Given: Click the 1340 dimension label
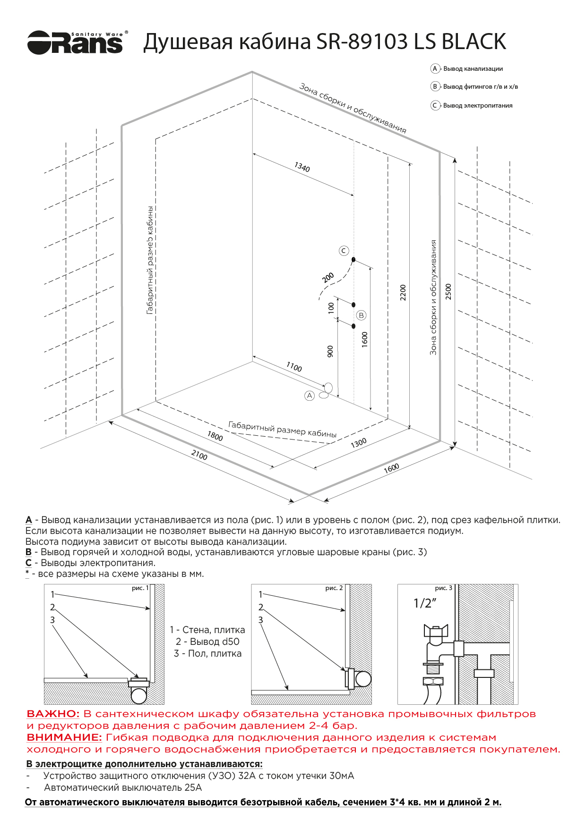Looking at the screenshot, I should pos(302,168).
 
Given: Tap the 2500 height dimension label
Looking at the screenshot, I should pos(448,291).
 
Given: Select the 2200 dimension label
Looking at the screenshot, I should pos(403,292).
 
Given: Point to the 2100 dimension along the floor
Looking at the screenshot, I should pos(199,455).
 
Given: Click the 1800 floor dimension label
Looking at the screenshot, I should pos(215,436).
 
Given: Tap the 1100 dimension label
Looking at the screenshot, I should pos(294,367).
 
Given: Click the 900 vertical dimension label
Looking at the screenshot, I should pos(330,351).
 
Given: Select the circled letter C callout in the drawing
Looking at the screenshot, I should pos(344,251).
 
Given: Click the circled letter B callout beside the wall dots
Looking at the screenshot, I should pos(362,315).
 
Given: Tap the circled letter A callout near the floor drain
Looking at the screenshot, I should pos(310,396).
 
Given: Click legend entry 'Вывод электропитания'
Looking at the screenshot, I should pos(477,106).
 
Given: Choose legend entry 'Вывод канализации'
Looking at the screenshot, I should pos(473,69).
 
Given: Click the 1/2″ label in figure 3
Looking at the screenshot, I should pos(424,603).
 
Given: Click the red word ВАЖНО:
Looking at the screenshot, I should pos(53,714).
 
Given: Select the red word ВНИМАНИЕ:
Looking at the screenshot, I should pos(64,737).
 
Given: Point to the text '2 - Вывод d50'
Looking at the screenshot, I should pos(207,642).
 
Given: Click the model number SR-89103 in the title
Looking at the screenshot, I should pos(362,42).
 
